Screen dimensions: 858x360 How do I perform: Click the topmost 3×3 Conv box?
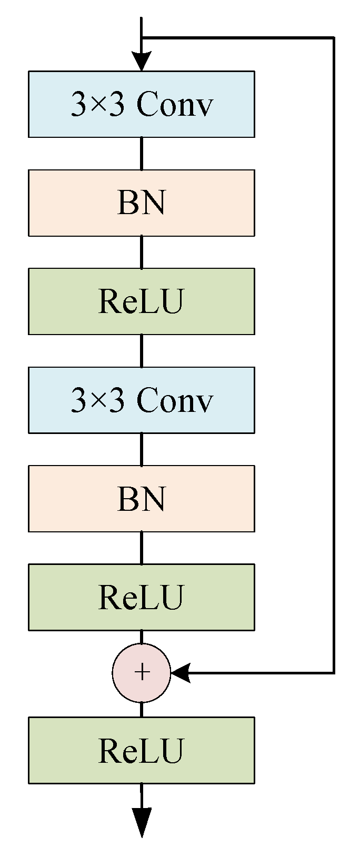tap(141, 104)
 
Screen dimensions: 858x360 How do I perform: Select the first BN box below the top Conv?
tap(141, 203)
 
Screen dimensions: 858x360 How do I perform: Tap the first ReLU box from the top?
tap(141, 301)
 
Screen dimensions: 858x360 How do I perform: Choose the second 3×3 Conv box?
tap(141, 400)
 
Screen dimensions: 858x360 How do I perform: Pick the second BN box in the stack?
tap(141, 498)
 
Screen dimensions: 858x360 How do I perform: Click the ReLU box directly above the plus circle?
tap(141, 597)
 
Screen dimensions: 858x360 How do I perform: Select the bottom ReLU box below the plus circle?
tap(141, 750)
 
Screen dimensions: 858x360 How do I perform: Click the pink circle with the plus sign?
tap(141, 673)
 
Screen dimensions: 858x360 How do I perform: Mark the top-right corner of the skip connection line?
tap(334, 38)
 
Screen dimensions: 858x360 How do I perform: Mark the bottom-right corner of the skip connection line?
tap(334, 673)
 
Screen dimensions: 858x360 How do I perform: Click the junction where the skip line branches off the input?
tap(141, 38)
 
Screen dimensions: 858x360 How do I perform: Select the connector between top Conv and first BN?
tap(141, 154)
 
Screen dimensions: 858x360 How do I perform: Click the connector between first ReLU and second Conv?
tap(141, 351)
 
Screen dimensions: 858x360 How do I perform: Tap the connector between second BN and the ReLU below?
tap(141, 548)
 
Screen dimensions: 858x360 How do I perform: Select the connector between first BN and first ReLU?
tap(141, 252)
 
